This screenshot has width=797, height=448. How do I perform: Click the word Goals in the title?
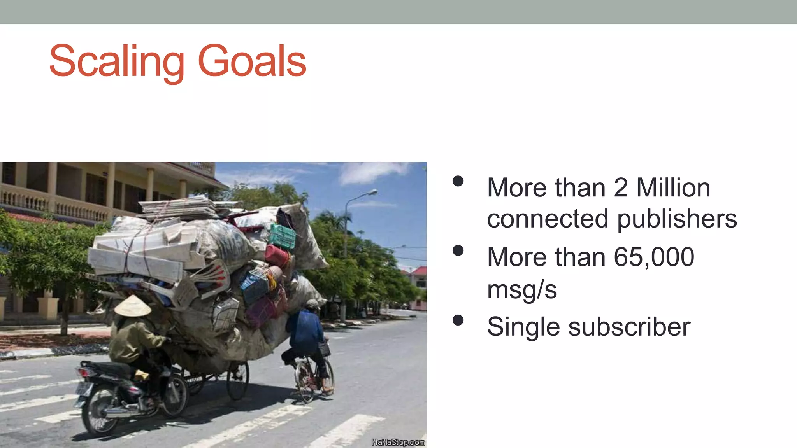(x=252, y=61)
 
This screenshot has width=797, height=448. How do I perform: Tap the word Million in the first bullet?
(x=673, y=188)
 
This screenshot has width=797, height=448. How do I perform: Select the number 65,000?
(x=654, y=257)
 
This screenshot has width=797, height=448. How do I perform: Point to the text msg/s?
(x=522, y=290)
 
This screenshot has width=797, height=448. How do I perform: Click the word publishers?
(x=677, y=219)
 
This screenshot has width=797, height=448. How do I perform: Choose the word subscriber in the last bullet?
(x=629, y=327)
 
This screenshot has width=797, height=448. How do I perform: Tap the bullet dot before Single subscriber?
(x=458, y=320)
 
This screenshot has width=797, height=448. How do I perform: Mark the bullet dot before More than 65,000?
(x=458, y=250)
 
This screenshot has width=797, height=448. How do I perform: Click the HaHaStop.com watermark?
(x=398, y=443)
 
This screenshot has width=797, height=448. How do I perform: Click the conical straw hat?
(x=132, y=306)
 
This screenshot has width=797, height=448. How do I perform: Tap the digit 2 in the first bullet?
(x=621, y=188)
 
